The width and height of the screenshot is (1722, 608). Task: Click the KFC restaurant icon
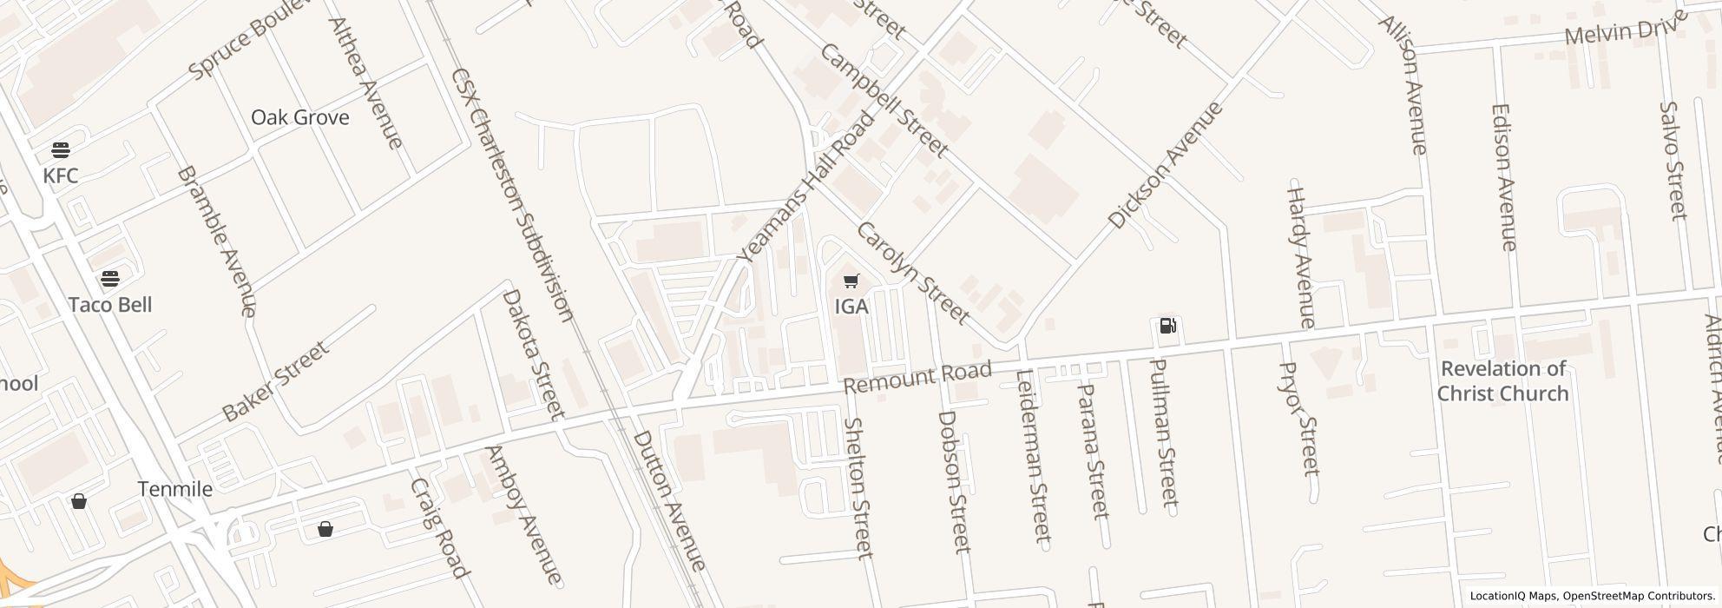(x=61, y=149)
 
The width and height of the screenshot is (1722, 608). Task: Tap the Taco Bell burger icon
(x=109, y=279)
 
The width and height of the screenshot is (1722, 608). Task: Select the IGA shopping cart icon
(x=851, y=281)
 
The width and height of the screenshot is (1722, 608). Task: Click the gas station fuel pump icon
(x=1168, y=326)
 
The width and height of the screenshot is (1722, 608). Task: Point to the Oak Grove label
(x=299, y=117)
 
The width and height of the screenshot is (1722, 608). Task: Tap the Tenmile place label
(x=174, y=489)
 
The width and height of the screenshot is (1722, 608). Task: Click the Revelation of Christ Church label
(x=1502, y=381)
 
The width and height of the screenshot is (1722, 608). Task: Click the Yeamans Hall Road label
(x=805, y=187)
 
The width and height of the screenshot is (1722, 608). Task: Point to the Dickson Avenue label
(x=1165, y=165)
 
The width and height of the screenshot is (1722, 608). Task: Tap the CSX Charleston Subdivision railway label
(x=511, y=195)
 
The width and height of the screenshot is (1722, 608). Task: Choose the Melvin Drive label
(x=1620, y=32)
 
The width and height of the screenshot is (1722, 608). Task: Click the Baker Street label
(x=275, y=381)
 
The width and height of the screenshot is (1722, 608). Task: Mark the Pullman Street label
(x=1163, y=432)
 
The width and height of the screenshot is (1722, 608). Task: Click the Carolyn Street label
(x=911, y=273)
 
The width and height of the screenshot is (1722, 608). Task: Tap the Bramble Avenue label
(x=216, y=241)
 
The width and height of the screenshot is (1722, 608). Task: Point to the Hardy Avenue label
(x=1300, y=256)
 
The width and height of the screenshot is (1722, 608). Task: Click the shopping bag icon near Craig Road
(x=325, y=529)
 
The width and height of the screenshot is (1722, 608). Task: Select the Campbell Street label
(x=883, y=100)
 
